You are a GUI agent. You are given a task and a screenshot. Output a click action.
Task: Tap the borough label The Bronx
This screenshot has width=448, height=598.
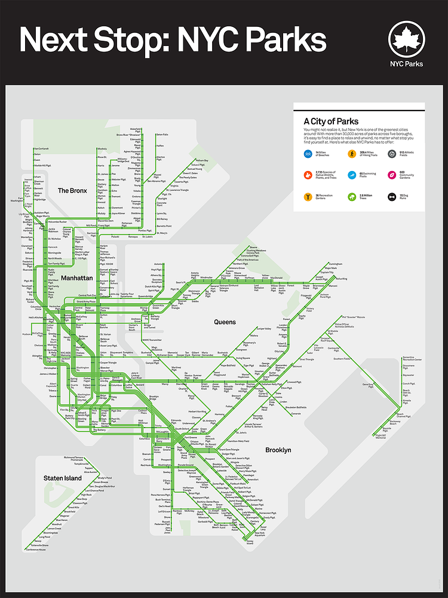pyautogui.click(x=72, y=191)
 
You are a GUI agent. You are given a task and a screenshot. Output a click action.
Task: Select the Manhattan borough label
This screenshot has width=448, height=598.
pyautogui.click(x=76, y=278)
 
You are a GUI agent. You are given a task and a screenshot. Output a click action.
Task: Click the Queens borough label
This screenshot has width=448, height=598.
pyautogui.click(x=225, y=322)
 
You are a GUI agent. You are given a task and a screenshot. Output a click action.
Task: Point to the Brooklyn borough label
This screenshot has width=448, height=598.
pyautogui.click(x=278, y=450)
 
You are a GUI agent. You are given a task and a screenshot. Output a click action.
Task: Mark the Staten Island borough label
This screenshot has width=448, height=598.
pyautogui.click(x=62, y=478)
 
